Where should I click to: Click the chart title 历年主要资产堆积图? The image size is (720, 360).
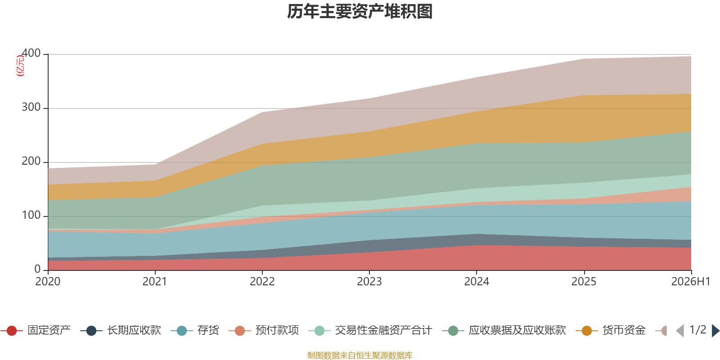point(360,12)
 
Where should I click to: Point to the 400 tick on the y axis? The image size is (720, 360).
point(31,54)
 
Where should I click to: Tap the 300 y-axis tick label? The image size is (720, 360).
point(31,108)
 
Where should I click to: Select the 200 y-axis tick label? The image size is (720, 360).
point(31,162)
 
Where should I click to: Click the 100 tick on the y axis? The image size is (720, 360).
point(31,216)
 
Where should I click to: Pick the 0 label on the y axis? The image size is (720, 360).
point(38,270)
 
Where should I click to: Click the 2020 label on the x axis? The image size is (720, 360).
point(48,282)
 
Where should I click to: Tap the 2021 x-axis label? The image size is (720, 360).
point(155,282)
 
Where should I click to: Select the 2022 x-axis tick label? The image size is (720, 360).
point(262,282)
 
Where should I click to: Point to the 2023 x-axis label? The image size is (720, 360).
point(369,282)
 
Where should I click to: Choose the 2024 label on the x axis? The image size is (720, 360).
point(477,282)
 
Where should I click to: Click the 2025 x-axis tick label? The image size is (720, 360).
point(584,282)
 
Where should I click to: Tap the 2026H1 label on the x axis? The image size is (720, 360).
point(691,282)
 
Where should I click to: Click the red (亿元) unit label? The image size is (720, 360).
point(20,66)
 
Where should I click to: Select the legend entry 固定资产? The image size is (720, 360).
point(36,330)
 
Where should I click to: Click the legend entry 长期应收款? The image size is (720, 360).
point(121,330)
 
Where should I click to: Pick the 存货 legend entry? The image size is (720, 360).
point(195,330)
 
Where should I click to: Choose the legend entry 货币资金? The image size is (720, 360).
point(610,330)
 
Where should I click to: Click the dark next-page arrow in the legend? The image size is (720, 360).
point(715,331)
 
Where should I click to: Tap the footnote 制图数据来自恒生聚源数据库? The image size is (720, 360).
point(360,355)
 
